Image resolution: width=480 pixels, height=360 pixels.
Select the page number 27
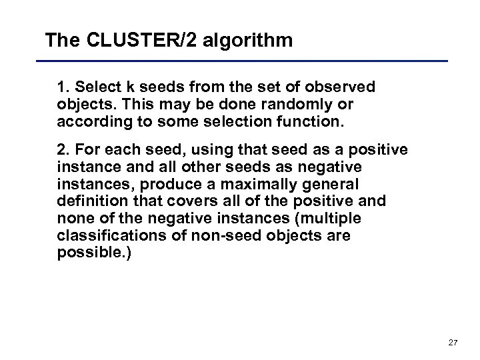coord(453,343)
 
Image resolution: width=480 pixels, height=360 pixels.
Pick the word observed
coord(341,87)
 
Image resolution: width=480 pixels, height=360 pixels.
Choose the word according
coord(89,122)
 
